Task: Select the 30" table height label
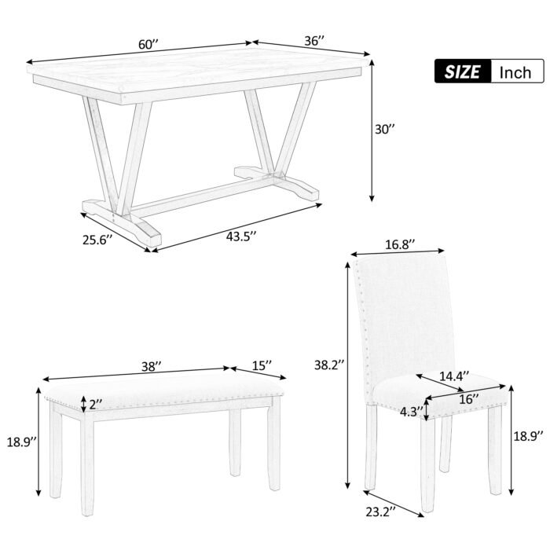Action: pyautogui.click(x=383, y=130)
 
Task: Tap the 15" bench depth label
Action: pyautogui.click(x=262, y=365)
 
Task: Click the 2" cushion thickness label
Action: pyautogui.click(x=96, y=405)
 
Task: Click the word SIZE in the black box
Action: pyautogui.click(x=462, y=72)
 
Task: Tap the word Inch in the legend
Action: pyautogui.click(x=515, y=72)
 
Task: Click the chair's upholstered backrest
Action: pyautogui.click(x=404, y=314)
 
